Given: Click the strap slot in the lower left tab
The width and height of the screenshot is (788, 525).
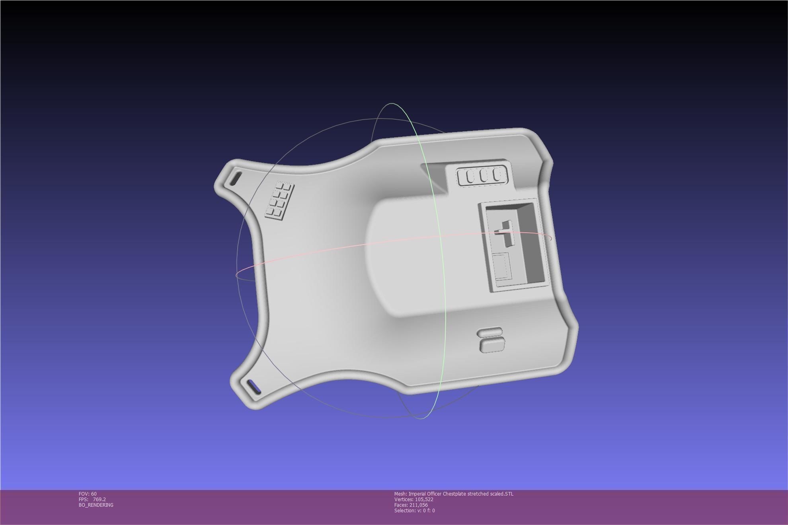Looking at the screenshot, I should pyautogui.click(x=254, y=387).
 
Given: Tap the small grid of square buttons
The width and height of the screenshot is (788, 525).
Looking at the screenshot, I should pyautogui.click(x=279, y=201).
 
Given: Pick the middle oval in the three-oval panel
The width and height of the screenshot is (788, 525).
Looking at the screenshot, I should pyautogui.click(x=483, y=176).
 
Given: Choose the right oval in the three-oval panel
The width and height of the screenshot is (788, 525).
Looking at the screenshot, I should pyautogui.click(x=497, y=175).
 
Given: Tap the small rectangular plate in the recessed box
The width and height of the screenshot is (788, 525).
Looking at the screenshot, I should pyautogui.click(x=502, y=266).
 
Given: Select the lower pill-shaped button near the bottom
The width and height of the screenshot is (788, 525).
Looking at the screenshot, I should pyautogui.click(x=492, y=345).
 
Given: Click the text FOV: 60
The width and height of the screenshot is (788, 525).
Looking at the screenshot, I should pyautogui.click(x=88, y=494).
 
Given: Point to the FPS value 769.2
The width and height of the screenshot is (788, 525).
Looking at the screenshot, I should pyautogui.click(x=99, y=500).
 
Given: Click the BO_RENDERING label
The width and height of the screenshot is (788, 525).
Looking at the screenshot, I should pyautogui.click(x=96, y=505).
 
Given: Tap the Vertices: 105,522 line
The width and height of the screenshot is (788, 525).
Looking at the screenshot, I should pyautogui.click(x=414, y=500).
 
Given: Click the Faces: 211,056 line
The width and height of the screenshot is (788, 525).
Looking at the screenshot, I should pyautogui.click(x=411, y=505).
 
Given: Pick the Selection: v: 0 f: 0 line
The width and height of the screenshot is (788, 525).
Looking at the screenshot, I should pyautogui.click(x=414, y=511).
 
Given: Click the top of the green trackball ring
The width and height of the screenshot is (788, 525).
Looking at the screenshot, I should pyautogui.click(x=392, y=104).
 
